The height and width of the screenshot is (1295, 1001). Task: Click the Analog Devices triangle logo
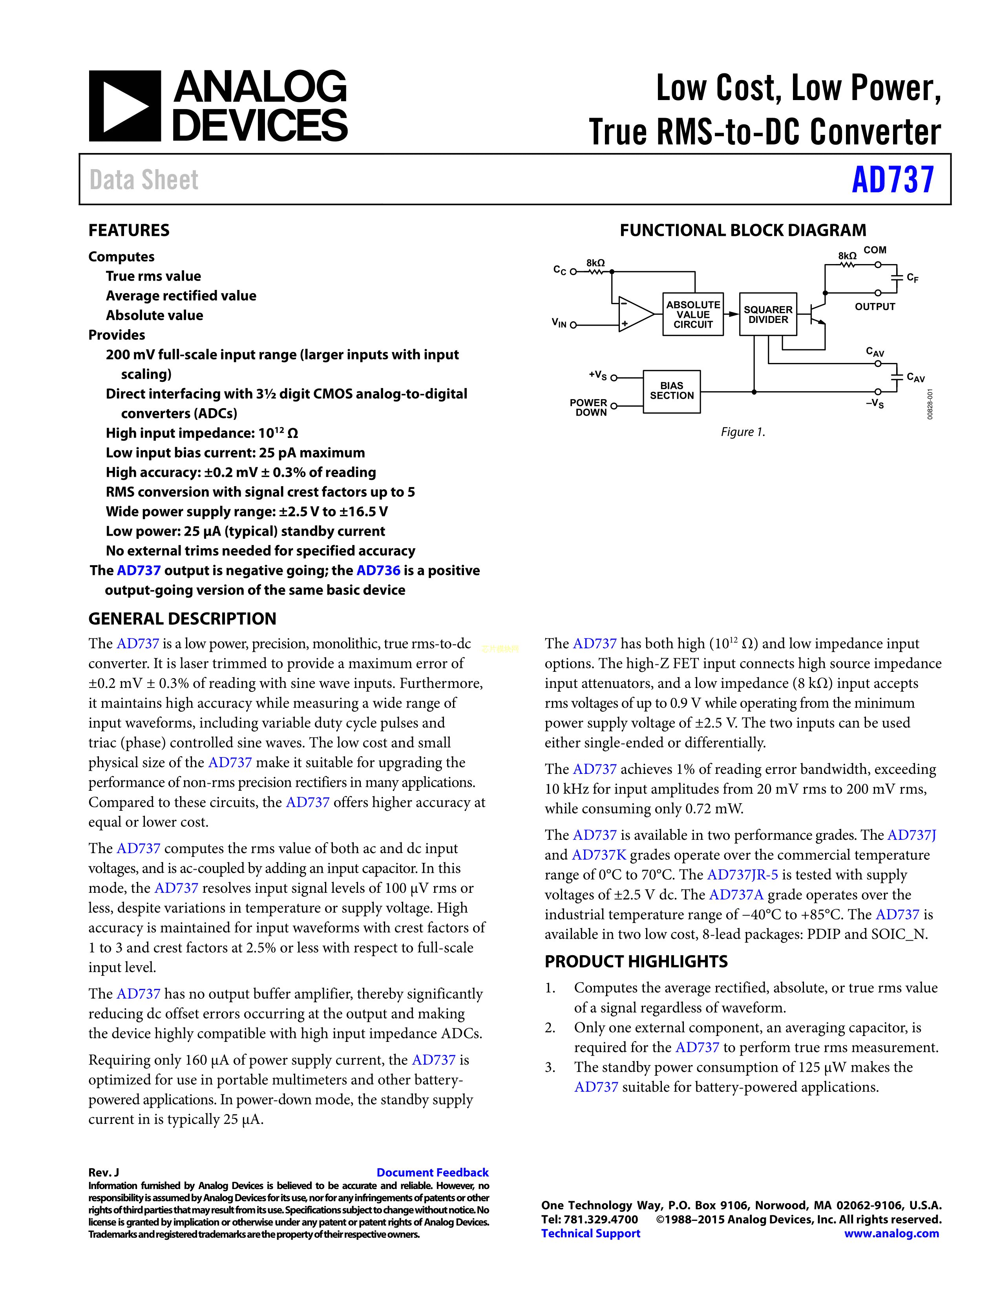(x=124, y=106)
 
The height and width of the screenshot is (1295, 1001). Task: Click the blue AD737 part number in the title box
(x=893, y=180)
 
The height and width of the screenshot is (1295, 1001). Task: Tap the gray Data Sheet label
(x=144, y=180)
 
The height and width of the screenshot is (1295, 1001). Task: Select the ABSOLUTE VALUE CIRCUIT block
(x=692, y=314)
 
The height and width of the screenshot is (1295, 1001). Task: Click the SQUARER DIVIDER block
(x=768, y=314)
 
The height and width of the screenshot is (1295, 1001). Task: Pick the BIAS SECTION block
(x=671, y=391)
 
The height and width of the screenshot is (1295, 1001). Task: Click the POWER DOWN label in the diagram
(x=588, y=407)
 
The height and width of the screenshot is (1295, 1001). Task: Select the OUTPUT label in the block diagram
(x=875, y=306)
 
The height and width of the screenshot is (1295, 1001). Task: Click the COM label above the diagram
(x=875, y=250)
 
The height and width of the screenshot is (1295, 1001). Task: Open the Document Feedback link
(x=432, y=1172)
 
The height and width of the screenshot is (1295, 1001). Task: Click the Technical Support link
(x=591, y=1233)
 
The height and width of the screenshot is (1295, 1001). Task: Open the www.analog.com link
(x=891, y=1233)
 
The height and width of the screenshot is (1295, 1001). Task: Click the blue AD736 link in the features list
(x=378, y=571)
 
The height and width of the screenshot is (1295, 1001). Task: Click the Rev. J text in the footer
(x=104, y=1172)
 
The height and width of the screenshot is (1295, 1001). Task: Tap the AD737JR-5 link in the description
(x=742, y=875)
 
